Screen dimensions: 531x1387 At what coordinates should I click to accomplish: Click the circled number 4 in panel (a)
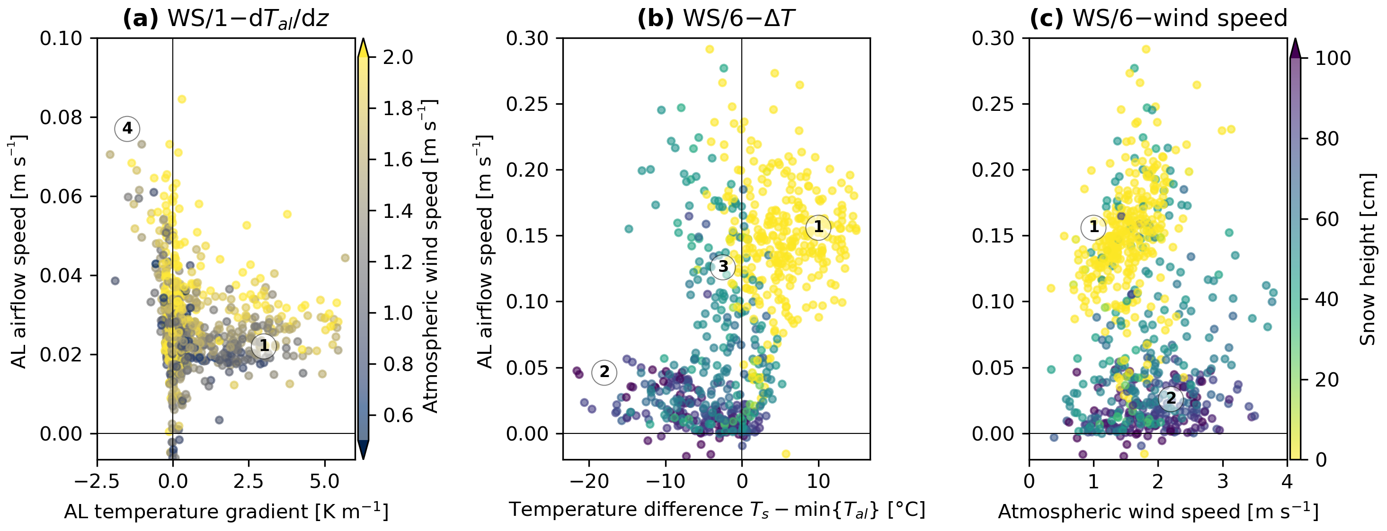127,128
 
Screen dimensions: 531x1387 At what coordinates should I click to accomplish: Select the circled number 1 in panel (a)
264,345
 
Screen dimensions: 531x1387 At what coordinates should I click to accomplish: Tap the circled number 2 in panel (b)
604,371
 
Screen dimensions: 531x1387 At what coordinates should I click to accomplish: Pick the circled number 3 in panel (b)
722,267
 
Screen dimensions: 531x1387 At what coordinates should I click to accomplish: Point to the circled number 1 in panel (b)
818,227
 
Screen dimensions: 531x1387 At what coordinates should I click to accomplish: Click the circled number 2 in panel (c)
1171,398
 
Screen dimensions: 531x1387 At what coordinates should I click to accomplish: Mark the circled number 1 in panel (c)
1094,227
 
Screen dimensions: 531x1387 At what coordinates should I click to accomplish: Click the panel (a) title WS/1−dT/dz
226,19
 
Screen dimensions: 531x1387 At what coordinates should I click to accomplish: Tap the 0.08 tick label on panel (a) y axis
61,117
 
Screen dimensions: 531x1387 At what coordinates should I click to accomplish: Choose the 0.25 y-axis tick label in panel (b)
527,104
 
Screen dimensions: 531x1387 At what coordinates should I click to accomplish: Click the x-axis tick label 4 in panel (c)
1287,481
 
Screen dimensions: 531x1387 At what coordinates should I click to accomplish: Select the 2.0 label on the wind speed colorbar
398,57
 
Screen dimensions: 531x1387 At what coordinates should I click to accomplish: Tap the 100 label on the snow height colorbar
1333,58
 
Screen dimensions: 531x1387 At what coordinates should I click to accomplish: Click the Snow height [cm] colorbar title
1368,259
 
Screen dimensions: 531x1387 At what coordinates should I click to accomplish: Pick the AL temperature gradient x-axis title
226,512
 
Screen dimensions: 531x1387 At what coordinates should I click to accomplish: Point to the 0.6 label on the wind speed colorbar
398,415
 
